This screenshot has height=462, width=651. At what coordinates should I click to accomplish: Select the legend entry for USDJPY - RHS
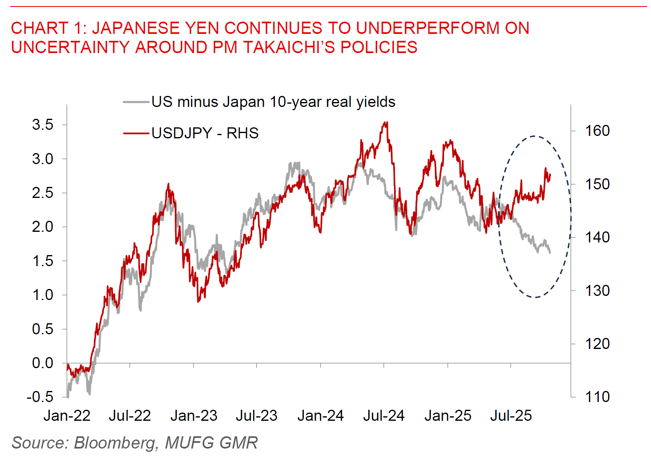tap(205, 133)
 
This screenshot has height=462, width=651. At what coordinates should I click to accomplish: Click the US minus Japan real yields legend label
tap(273, 102)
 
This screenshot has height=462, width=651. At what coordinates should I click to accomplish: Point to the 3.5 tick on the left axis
tap(43, 125)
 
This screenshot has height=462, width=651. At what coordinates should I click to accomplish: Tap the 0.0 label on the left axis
tap(43, 363)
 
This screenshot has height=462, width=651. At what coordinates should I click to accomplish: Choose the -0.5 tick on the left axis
tap(40, 397)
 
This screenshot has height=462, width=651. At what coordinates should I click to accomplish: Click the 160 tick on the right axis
tap(597, 131)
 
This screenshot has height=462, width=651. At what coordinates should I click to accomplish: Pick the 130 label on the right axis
tap(597, 291)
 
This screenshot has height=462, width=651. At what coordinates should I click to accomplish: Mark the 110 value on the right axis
tap(597, 397)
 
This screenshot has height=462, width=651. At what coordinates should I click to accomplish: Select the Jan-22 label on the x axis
tap(67, 416)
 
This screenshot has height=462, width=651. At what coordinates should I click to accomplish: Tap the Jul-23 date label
tap(256, 416)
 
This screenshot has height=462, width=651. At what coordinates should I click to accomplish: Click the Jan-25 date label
tap(448, 416)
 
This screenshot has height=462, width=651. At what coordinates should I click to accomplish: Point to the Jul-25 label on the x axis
tap(511, 416)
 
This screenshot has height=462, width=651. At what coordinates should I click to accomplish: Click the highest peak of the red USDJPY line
tap(386, 122)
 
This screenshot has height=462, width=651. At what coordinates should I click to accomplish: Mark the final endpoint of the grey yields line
tap(550, 253)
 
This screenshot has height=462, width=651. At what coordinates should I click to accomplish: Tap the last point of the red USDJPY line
tap(551, 175)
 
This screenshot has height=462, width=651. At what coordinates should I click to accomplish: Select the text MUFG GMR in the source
tap(211, 443)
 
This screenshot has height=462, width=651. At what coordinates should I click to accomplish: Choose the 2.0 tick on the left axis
tap(43, 227)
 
